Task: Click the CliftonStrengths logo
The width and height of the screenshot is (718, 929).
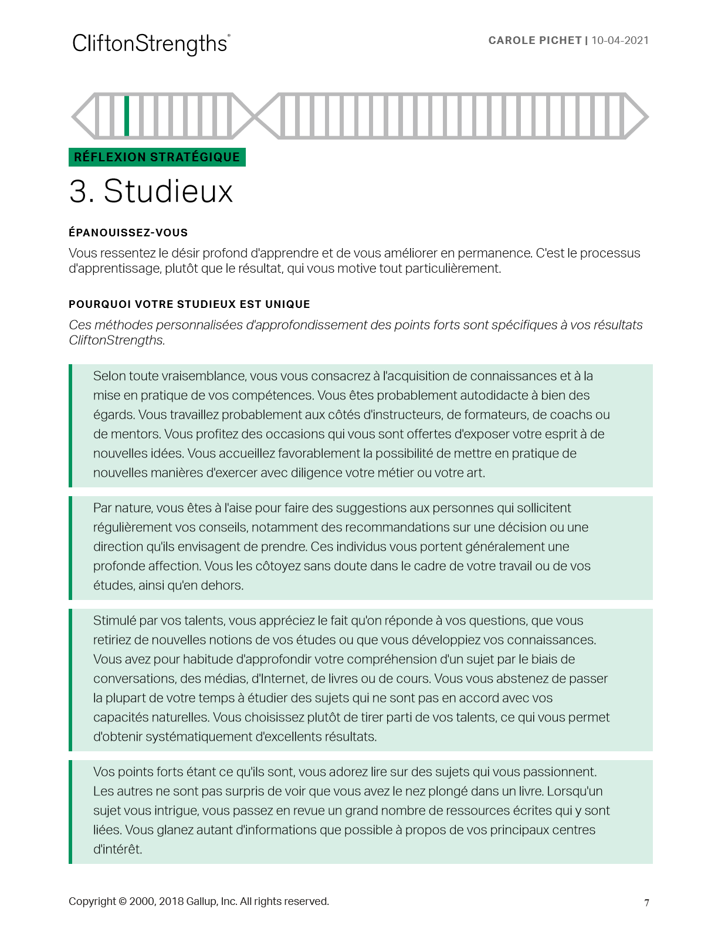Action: tap(151, 44)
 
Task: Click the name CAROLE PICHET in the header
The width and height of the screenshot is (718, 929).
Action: tap(534, 40)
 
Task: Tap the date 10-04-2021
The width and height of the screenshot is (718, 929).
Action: tap(620, 40)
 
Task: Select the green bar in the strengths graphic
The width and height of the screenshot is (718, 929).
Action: tap(127, 116)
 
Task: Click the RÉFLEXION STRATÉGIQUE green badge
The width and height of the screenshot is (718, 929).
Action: tap(157, 157)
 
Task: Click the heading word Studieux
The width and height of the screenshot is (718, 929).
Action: tap(168, 191)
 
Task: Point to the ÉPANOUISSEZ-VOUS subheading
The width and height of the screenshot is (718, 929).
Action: tap(128, 233)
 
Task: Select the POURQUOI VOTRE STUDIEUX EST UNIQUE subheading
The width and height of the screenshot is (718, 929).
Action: tap(189, 304)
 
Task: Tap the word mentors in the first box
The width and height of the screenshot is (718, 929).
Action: tap(136, 434)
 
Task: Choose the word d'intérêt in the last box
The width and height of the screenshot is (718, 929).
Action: tap(118, 849)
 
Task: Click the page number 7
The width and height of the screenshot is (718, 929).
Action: tap(646, 903)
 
